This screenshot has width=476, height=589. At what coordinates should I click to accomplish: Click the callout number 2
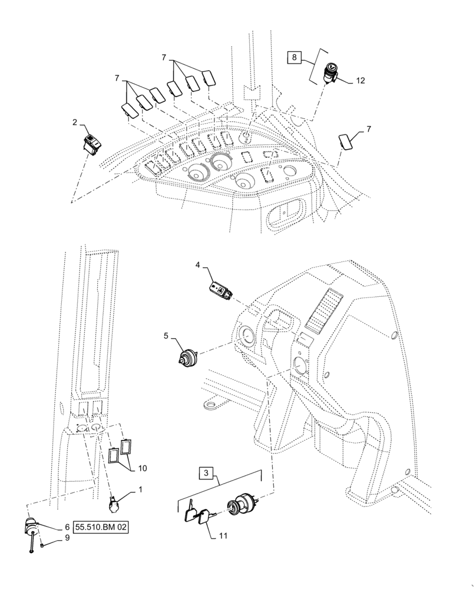click(x=75, y=122)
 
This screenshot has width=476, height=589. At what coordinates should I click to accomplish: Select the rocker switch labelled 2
click(x=93, y=143)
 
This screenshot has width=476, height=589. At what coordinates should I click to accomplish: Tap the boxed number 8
click(x=295, y=57)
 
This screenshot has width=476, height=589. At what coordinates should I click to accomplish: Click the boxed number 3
click(x=206, y=473)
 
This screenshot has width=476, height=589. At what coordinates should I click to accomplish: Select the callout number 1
click(x=140, y=489)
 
